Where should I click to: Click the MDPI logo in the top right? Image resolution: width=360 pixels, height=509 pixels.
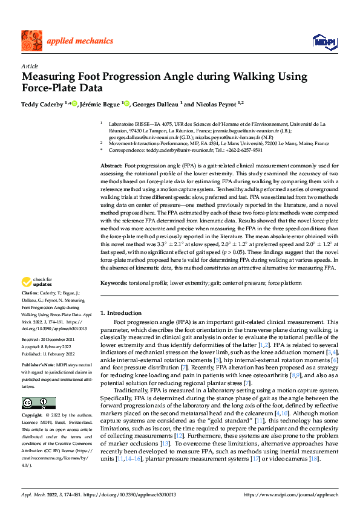[323, 41]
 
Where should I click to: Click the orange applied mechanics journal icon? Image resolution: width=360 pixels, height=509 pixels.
[31, 41]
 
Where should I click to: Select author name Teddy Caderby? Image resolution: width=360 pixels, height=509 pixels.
[42, 104]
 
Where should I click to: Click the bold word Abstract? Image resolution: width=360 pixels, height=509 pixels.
[111, 165]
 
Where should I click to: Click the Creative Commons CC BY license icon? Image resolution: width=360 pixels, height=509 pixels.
[38, 386]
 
